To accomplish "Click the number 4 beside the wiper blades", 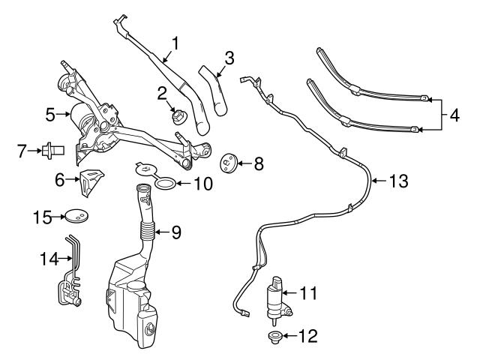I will pyautogui.click(x=454, y=116).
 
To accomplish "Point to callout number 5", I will pyautogui.click(x=50, y=115).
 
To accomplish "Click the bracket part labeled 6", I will pyautogui.click(x=92, y=181).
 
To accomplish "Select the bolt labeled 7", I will pyautogui.click(x=55, y=151).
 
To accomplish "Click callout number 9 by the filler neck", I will pyautogui.click(x=175, y=232).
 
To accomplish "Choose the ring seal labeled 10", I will pyautogui.click(x=169, y=183).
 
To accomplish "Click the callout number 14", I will pyautogui.click(x=46, y=259).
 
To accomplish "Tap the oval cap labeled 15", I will pyautogui.click(x=75, y=217).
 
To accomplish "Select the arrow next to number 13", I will pyautogui.click(x=379, y=180).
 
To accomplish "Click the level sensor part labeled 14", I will pyautogui.click(x=70, y=285).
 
